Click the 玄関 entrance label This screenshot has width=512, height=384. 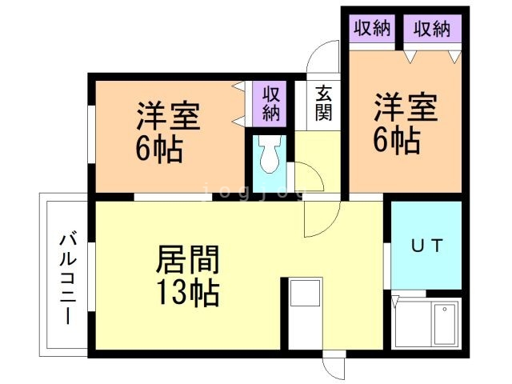[323, 103]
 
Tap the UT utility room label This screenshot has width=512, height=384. [427, 246]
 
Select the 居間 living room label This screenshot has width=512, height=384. [187, 259]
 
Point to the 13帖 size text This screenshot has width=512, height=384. [187, 292]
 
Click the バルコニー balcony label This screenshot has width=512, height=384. [68, 278]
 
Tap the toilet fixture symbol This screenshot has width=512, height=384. [270, 154]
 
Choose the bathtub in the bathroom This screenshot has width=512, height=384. [444, 325]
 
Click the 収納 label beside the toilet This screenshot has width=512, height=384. [271, 103]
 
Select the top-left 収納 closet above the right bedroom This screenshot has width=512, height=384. [372, 29]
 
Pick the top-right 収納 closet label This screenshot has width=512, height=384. [432, 29]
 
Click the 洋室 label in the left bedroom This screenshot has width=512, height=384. [168, 116]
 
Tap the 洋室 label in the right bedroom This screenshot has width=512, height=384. [406, 107]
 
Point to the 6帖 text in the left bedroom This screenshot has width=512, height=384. [159, 149]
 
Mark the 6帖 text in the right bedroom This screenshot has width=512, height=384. [397, 140]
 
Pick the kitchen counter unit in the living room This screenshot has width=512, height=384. [306, 314]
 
